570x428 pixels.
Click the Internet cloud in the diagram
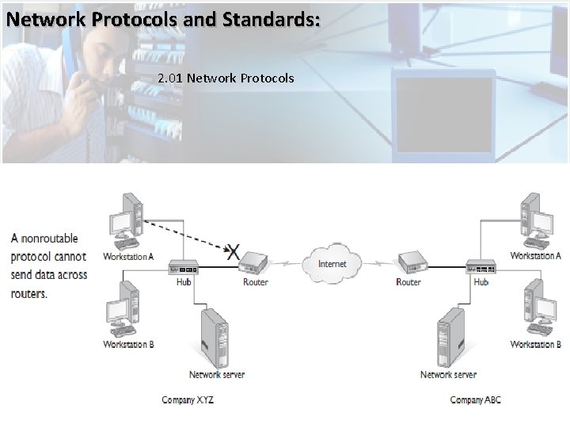[332, 262]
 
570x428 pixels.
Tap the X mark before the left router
[233, 252]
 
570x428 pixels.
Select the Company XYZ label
[188, 399]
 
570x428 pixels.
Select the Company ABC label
[476, 399]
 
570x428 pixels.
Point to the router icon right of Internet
[409, 262]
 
